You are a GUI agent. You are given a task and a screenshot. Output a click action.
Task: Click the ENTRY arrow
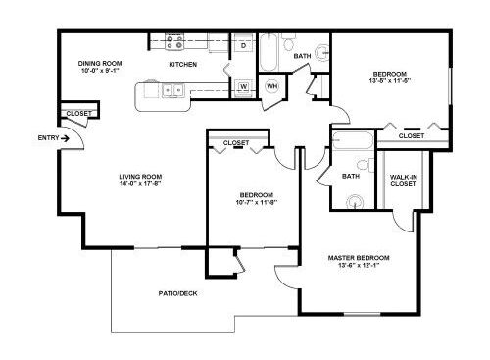(65, 138)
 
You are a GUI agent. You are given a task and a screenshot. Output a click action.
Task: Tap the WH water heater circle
(271, 86)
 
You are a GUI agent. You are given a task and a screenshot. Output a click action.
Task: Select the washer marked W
(243, 88)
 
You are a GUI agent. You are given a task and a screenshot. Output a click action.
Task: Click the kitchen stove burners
(174, 42)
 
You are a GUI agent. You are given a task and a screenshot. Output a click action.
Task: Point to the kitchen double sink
(173, 90)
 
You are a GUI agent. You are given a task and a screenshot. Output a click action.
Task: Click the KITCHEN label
(183, 65)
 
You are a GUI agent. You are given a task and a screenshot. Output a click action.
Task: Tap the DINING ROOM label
(100, 63)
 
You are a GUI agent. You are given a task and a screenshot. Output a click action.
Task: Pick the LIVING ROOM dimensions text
(140, 183)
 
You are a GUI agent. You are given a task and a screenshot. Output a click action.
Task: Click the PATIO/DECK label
(178, 293)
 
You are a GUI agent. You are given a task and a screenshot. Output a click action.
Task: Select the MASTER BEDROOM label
(359, 258)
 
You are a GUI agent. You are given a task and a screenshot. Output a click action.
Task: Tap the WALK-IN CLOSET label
(404, 180)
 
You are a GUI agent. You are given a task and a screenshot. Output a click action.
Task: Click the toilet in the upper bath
(288, 41)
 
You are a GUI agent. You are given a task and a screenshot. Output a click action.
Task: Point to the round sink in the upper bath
(322, 52)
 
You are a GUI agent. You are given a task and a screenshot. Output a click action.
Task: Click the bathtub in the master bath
(353, 140)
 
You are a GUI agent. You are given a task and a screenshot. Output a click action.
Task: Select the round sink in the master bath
(355, 202)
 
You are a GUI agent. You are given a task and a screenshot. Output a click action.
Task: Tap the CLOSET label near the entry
(79, 114)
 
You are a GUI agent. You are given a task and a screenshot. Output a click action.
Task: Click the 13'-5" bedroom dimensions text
(390, 81)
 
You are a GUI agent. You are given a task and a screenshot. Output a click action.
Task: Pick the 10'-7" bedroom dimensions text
(257, 202)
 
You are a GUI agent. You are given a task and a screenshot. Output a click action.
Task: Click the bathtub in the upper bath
(269, 51)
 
